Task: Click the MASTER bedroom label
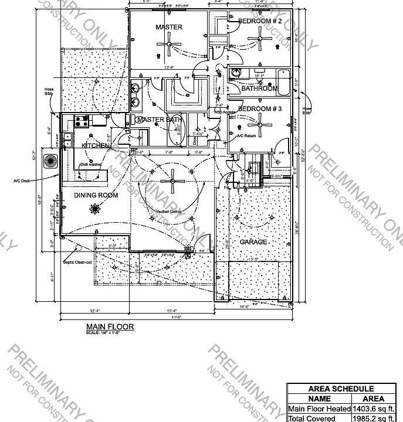[169, 27]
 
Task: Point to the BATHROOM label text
[259, 89]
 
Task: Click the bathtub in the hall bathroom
[282, 83]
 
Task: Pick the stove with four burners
[81, 121]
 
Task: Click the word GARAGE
[253, 242]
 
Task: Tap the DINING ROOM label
[96, 195]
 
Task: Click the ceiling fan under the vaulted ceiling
[174, 181]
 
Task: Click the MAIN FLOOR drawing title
[110, 326]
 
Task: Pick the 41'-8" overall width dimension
[177, 316]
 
